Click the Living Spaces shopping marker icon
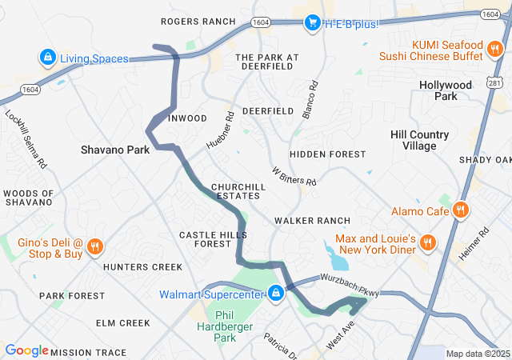(47, 58)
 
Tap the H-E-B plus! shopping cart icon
(313, 23)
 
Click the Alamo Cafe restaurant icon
(460, 211)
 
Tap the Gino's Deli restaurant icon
(94, 246)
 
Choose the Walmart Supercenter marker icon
(275, 294)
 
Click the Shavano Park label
(115, 150)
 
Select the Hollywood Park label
(446, 90)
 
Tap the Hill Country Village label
(419, 140)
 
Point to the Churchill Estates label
(236, 191)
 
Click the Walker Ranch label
(312, 220)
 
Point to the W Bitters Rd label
(294, 176)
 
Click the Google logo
(26, 350)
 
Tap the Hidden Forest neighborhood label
(328, 154)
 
